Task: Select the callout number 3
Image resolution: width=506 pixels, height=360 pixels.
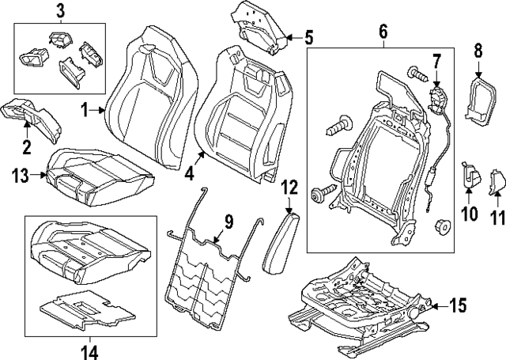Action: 62,11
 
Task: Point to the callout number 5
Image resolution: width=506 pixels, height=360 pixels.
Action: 309,36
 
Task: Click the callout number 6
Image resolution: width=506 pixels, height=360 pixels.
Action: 382,32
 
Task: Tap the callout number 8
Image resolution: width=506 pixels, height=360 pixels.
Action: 478,51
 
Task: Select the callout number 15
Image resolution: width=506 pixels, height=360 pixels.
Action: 459,304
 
